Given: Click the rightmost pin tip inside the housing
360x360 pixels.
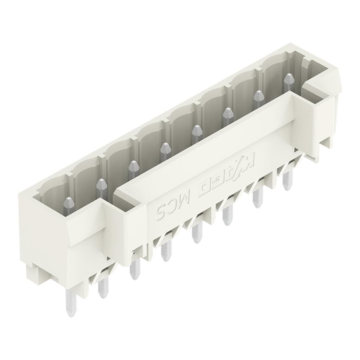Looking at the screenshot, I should tap(289, 78).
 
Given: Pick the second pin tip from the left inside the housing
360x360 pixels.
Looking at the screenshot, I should tap(101, 184).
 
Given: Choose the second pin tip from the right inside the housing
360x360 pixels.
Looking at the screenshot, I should tap(259, 95).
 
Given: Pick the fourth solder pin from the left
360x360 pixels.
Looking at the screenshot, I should tap(165, 251).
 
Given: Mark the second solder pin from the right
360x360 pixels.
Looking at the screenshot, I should tap(257, 197).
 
